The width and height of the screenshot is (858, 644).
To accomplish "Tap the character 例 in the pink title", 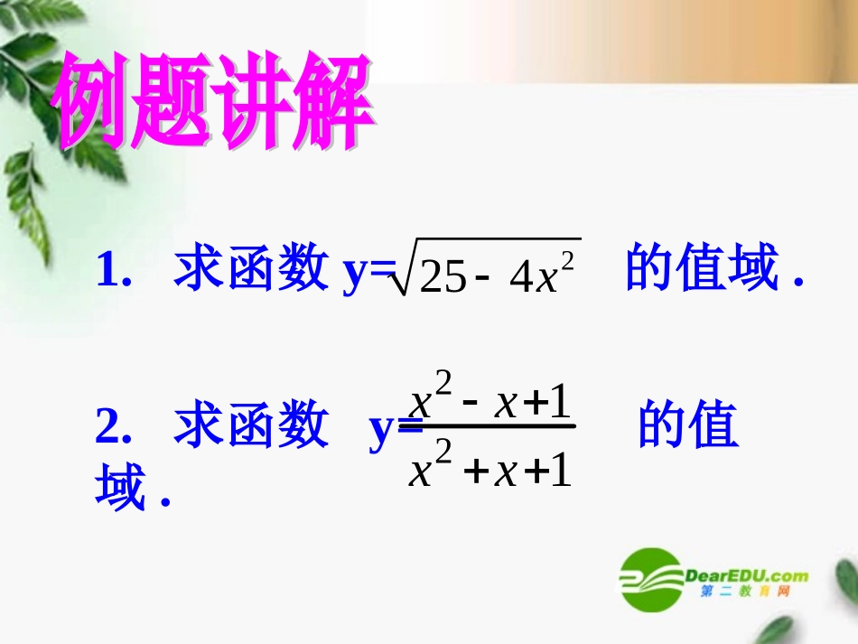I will tap(95, 102).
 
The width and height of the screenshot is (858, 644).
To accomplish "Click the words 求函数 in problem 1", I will tap(250, 268).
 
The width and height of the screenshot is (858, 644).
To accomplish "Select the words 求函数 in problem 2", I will tap(250, 425).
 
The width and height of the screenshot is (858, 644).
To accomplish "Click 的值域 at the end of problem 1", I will tap(702, 268).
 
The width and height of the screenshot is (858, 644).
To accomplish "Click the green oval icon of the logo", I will tap(650, 578).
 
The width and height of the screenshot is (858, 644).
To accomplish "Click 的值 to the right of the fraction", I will tap(688, 425).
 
